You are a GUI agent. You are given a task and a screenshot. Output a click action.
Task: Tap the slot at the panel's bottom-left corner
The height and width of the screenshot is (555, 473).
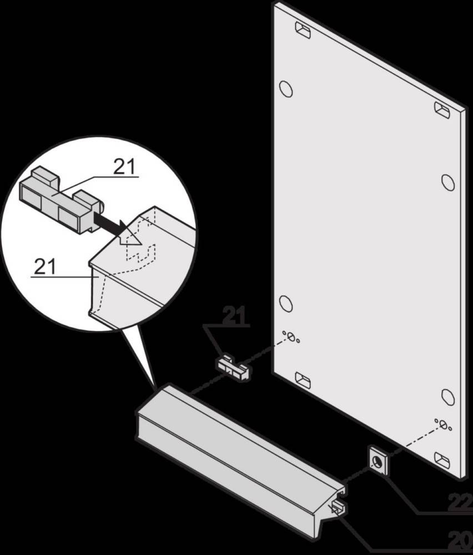[x=303, y=380]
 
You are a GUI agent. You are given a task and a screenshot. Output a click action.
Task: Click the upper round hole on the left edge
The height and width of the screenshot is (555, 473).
[x=285, y=88]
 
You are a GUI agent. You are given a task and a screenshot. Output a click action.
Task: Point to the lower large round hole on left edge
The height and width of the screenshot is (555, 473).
[x=285, y=302]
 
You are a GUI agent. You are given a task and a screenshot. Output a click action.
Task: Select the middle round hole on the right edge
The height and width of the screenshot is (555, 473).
[x=447, y=181]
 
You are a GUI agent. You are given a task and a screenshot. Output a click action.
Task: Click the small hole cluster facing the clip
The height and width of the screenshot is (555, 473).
[x=291, y=337]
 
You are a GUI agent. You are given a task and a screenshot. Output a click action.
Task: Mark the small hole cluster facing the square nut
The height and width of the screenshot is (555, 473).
[x=443, y=425]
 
